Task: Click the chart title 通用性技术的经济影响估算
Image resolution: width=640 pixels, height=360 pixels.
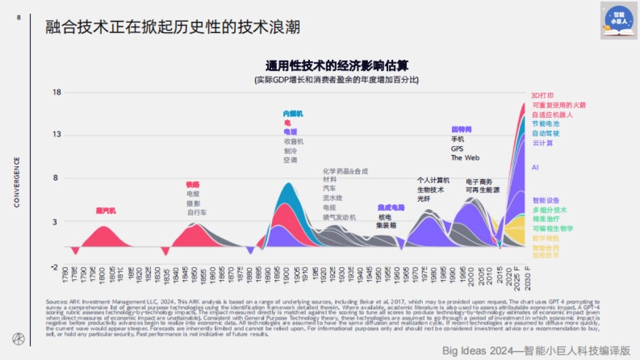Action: pyautogui.click(x=337, y=66)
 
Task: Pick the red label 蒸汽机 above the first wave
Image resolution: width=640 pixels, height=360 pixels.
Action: pyautogui.click(x=105, y=211)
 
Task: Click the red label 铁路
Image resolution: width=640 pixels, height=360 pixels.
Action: pyautogui.click(x=193, y=185)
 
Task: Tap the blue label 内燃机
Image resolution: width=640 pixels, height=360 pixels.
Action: pyautogui.click(x=293, y=114)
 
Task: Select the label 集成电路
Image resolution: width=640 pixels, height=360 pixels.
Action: pyautogui.click(x=391, y=207)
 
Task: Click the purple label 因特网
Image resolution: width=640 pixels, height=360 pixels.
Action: pyautogui.click(x=461, y=130)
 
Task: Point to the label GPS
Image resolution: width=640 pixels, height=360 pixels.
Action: pyautogui.click(x=457, y=149)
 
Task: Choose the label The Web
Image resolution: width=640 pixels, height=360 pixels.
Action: pyautogui.click(x=465, y=158)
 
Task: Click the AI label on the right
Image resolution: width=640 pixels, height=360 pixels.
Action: pyautogui.click(x=535, y=167)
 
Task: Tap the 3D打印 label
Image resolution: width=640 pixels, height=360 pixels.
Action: pyautogui.click(x=542, y=95)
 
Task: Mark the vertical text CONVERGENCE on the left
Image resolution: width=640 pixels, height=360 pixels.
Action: pyautogui.click(x=17, y=182)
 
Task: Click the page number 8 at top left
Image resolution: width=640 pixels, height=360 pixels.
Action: pyautogui.click(x=19, y=18)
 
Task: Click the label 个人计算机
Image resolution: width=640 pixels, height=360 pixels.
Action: pyautogui.click(x=433, y=180)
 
